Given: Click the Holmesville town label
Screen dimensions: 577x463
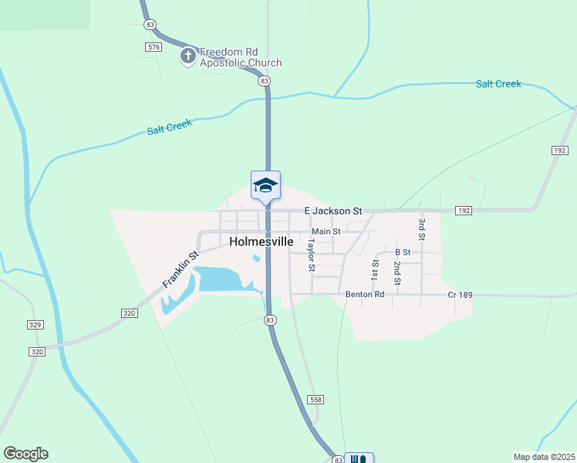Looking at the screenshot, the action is [262, 242].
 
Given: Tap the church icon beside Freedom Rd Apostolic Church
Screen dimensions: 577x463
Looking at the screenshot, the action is [187, 56].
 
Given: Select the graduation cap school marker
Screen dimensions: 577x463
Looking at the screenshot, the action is [265, 185].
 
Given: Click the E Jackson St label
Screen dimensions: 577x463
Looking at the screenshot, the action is [332, 211].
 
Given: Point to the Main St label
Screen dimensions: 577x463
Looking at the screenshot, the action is [326, 231].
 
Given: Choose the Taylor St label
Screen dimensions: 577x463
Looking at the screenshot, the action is [311, 255].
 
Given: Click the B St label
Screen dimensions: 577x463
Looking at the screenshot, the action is [402, 252].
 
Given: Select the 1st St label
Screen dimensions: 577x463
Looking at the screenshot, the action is [375, 269].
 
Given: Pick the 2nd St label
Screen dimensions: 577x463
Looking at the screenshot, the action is [396, 273].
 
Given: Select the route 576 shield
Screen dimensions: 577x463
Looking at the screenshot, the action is [153, 47].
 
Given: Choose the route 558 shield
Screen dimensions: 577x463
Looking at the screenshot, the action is [315, 400].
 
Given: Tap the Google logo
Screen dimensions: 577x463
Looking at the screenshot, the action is [25, 454].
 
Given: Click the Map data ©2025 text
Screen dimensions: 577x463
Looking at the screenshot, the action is [544, 456].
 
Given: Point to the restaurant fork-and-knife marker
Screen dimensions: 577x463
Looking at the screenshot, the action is [358, 459].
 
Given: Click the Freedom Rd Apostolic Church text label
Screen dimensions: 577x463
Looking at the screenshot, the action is [241, 58].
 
